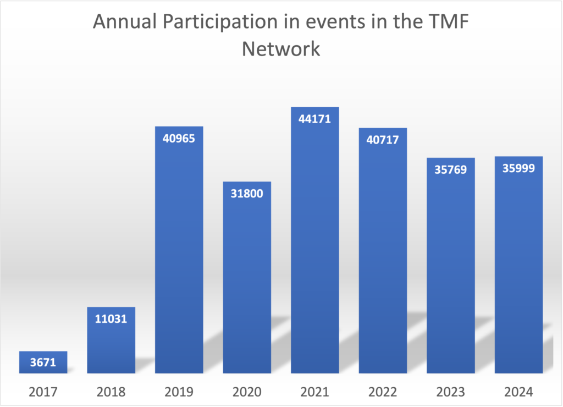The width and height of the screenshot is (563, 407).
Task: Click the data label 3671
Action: [43, 363]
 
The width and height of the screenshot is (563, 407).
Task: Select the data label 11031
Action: [111, 318]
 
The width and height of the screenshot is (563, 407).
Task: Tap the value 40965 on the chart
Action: [179, 137]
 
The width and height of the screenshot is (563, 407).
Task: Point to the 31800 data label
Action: [247, 194]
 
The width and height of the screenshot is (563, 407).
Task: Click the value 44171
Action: [315, 118]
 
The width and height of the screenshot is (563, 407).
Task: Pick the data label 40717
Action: [383, 140]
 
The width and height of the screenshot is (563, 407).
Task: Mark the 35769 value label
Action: [451, 169]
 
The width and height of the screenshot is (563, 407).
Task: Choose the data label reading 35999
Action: [519, 168]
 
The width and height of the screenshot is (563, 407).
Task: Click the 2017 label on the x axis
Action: [43, 392]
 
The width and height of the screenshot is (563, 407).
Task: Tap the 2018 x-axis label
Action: [111, 392]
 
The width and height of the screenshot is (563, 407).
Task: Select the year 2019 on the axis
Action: [179, 392]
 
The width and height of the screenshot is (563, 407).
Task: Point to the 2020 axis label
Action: [247, 392]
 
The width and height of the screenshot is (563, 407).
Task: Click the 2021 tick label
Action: [315, 392]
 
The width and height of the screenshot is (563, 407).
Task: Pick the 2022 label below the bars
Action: [383, 392]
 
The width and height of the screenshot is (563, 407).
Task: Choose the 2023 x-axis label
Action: [451, 392]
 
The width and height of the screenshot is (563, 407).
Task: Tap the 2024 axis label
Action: [519, 392]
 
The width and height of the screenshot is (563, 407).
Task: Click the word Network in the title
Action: [281, 48]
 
